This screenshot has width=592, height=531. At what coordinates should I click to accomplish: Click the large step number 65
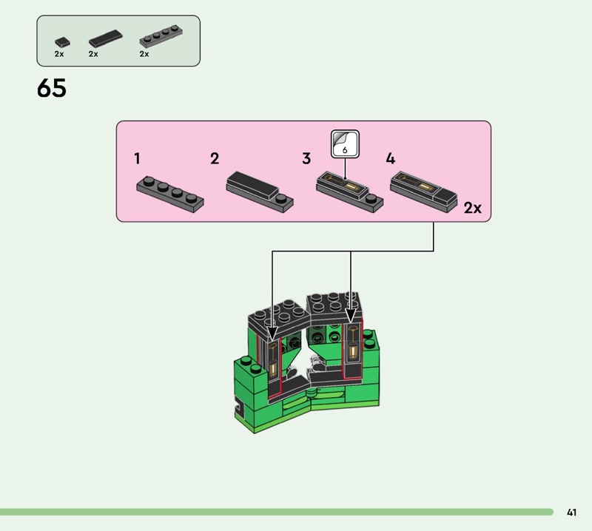point(51,89)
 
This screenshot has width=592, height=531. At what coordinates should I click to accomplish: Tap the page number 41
point(571,512)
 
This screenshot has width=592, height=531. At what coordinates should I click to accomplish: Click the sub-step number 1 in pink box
point(138,158)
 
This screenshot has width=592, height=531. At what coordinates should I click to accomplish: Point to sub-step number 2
point(215,158)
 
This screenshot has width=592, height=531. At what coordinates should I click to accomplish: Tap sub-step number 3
point(306,158)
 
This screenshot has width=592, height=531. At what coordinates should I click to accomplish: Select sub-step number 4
point(391,158)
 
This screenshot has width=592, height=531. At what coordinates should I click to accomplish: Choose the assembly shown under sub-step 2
point(259,190)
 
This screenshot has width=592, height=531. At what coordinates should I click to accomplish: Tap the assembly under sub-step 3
point(349,191)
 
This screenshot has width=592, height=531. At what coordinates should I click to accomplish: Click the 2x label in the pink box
point(472,209)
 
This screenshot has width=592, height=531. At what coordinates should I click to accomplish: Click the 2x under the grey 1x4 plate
point(144,54)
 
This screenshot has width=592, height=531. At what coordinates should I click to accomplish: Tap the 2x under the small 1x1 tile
point(59,54)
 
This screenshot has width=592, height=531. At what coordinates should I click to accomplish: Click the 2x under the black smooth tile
point(93,54)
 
